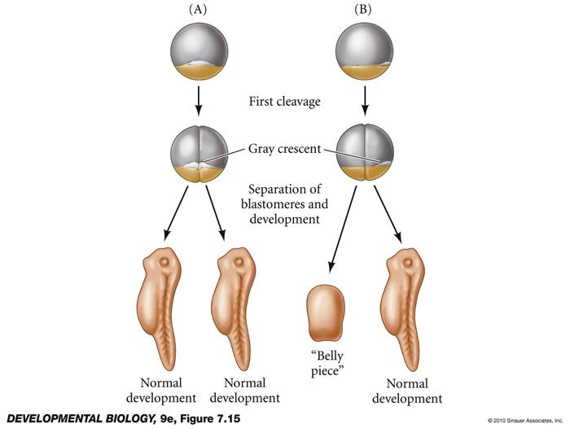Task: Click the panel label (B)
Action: (x=364, y=11)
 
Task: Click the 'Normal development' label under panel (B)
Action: (x=405, y=390)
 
